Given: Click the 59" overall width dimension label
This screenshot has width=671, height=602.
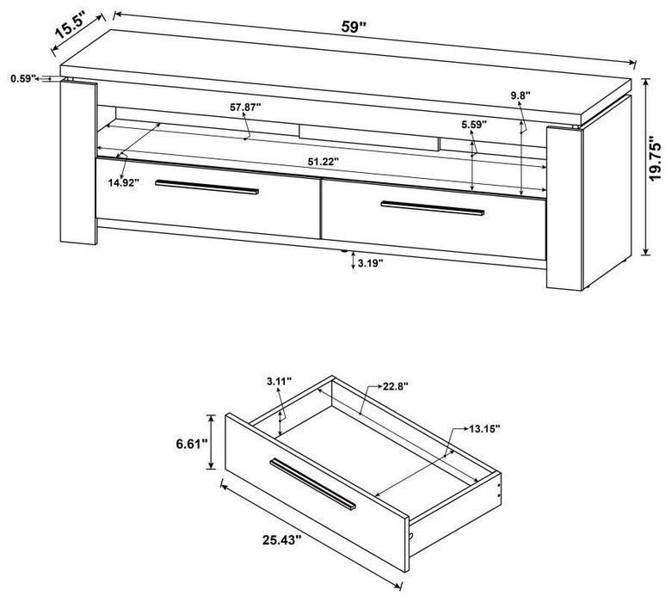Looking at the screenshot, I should pos(354,26).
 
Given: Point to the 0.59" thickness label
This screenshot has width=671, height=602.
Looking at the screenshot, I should pos(22,78).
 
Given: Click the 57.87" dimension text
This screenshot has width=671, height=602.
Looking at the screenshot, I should pos(245,107).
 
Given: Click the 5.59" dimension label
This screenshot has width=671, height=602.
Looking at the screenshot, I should pos(472,125).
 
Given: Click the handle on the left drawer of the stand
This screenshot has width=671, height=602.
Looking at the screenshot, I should pos(207,188).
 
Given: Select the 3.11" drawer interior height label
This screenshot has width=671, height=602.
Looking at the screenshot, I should pos(279,380).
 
